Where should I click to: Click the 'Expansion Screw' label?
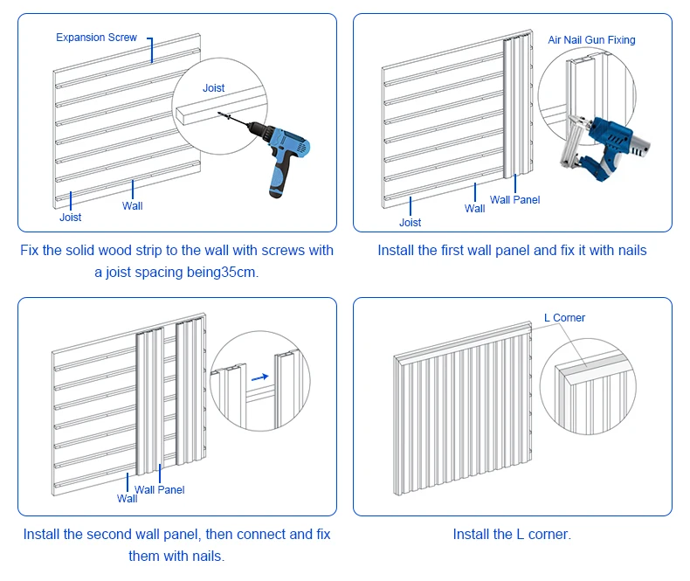[x=96, y=38]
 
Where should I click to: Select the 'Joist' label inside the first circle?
[x=214, y=88]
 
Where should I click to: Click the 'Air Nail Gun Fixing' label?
[x=591, y=40]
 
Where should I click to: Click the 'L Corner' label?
[x=564, y=318]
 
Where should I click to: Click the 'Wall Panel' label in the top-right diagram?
[x=514, y=200]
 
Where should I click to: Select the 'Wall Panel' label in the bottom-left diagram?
[x=159, y=490]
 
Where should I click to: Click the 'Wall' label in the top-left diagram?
[x=133, y=206]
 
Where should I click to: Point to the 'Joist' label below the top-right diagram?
[x=411, y=223]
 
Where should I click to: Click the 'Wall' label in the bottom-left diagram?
[x=128, y=499]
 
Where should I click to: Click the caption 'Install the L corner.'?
[x=512, y=534]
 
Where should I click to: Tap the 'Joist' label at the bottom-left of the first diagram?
[x=71, y=218]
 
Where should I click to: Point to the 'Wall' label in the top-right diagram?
[x=475, y=209]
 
